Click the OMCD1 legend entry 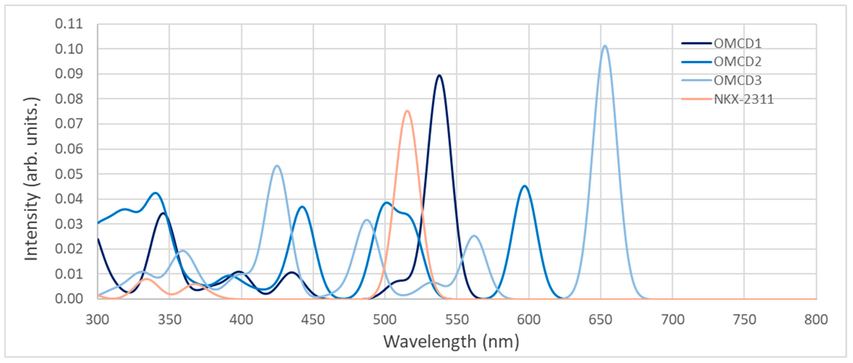[737, 43]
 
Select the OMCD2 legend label [737, 62]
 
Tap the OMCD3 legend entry [737, 80]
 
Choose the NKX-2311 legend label [743, 99]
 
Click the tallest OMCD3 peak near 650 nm [605, 46]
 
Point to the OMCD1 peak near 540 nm [439, 76]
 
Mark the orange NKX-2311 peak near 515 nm [407, 111]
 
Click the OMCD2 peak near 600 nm [524, 186]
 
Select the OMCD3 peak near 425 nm [277, 166]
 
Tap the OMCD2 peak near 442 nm [302, 207]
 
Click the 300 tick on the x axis [97, 320]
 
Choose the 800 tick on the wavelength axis [816, 320]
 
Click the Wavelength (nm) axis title [451, 342]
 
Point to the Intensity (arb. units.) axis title [32, 179]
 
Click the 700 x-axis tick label [673, 320]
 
